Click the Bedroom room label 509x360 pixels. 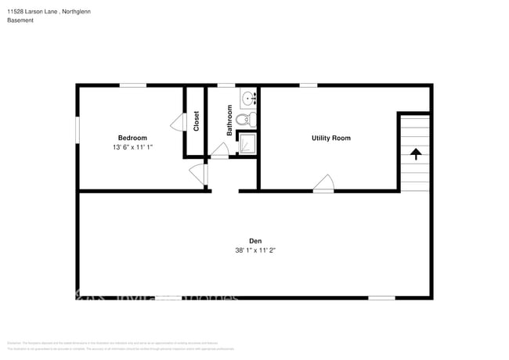pyautogui.click(x=132, y=138)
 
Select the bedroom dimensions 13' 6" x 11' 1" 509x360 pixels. pyautogui.click(x=132, y=147)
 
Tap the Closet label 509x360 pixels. pyautogui.click(x=196, y=121)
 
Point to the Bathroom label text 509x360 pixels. pyautogui.click(x=230, y=122)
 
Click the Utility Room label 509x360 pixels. pyautogui.click(x=330, y=138)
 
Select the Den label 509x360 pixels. pyautogui.click(x=255, y=241)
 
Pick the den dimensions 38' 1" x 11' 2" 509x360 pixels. pyautogui.click(x=255, y=250)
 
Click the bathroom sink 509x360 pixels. pyautogui.click(x=248, y=99)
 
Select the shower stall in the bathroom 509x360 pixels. pyautogui.click(x=247, y=144)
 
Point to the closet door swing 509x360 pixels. pyautogui.click(x=177, y=122)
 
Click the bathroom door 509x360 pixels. pyautogui.click(x=220, y=155)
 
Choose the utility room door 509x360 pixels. pyautogui.click(x=323, y=184)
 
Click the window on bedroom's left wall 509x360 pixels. pyautogui.click(x=78, y=129)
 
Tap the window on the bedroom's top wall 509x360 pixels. pyautogui.click(x=133, y=85)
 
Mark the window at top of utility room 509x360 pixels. pyautogui.click(x=308, y=85)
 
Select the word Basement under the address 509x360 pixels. pyautogui.click(x=20, y=20)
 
